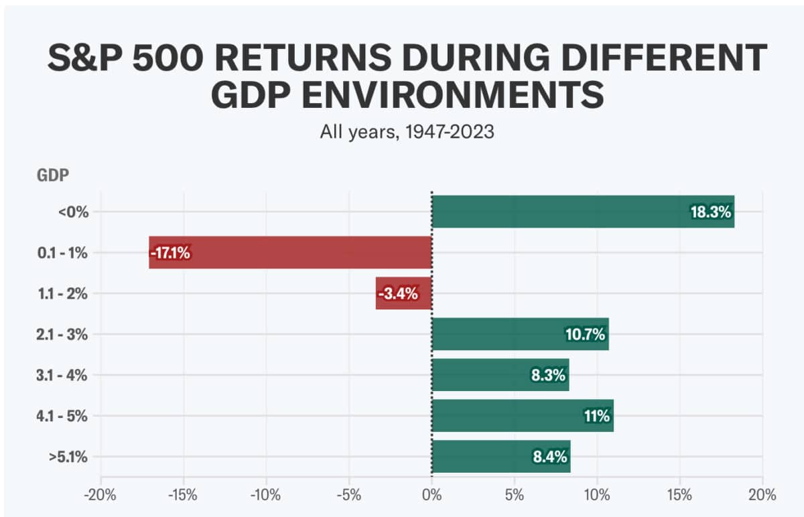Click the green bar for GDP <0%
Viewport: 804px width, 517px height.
[x=556, y=212]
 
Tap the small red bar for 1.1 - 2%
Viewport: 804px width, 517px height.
[x=403, y=293]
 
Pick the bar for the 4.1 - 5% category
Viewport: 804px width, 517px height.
[x=509, y=416]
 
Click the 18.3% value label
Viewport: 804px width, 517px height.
[x=712, y=212]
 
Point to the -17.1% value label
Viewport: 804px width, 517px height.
[x=170, y=253]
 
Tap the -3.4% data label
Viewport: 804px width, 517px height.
[x=398, y=294]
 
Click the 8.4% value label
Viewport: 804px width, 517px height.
[x=549, y=457]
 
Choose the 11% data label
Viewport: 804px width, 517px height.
[x=596, y=417]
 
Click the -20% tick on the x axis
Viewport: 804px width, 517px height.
[x=100, y=496]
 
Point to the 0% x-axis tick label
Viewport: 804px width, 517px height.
[x=431, y=496]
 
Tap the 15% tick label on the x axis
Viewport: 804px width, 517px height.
[x=679, y=496]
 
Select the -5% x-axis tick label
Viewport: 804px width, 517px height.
[x=349, y=496]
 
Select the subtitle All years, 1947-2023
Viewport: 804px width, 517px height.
[x=407, y=132]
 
